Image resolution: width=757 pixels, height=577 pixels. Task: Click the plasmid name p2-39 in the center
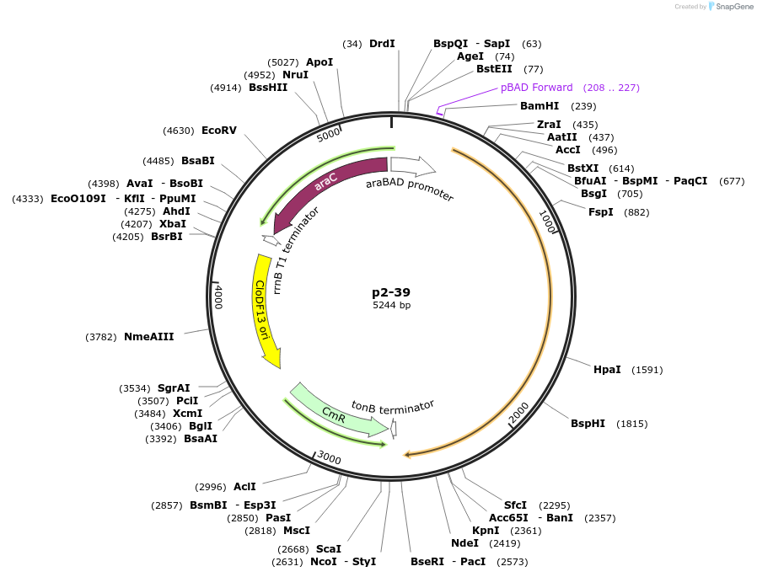coord(391,292)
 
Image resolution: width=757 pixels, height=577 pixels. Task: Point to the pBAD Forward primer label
coord(536,88)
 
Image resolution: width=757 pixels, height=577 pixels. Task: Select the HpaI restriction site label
coord(607,370)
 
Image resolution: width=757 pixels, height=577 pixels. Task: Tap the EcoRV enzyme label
coord(219,131)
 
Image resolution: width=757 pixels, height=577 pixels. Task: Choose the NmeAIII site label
coord(148,337)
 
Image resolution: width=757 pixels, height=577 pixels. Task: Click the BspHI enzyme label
coord(588,424)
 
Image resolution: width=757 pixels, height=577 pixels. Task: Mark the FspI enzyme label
coord(601,212)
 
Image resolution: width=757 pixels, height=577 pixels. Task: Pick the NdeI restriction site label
coord(464,543)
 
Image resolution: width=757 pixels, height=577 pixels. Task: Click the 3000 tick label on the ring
coord(329,458)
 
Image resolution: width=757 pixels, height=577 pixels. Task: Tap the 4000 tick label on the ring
coord(218,297)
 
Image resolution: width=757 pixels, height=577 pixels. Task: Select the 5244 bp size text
coord(391,306)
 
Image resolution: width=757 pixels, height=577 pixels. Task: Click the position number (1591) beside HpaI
coord(647,370)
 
